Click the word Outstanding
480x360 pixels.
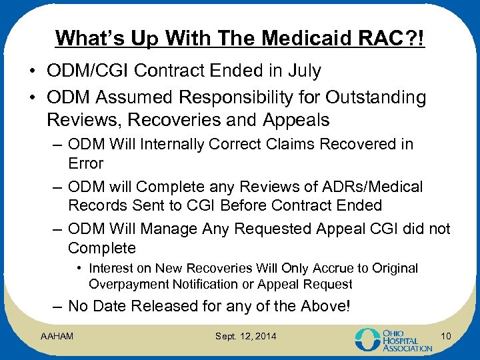pos(376,97)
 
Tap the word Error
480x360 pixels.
pos(86,163)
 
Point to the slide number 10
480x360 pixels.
pos(446,337)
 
